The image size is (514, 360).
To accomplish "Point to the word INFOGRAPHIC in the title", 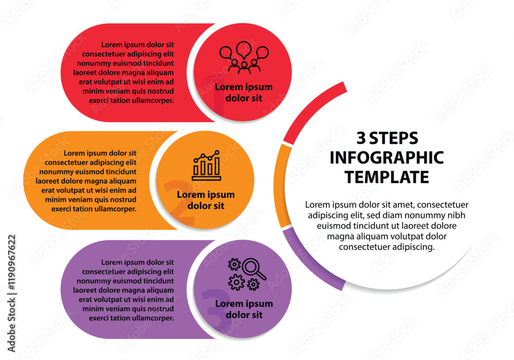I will [x=387, y=157].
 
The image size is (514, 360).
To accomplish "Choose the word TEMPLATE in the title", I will [x=387, y=177].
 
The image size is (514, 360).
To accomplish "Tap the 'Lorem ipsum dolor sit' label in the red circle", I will [x=244, y=93].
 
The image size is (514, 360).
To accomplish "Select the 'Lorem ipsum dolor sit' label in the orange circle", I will [x=206, y=200].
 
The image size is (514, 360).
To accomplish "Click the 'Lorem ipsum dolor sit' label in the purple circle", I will [x=244, y=309].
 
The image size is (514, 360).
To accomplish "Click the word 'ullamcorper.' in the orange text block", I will [x=115, y=209].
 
